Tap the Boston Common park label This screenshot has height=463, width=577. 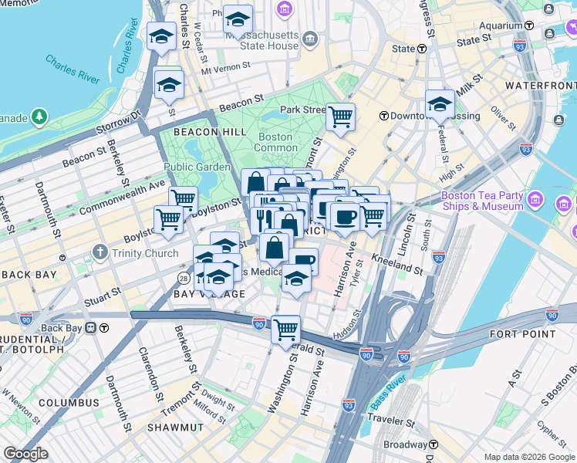tap(275, 142)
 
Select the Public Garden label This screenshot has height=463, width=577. tap(197, 167)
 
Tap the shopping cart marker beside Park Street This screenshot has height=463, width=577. tap(340, 117)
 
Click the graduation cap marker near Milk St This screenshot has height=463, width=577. tap(440, 103)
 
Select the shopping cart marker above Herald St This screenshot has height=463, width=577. tap(285, 330)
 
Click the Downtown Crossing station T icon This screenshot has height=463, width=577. tap(383, 116)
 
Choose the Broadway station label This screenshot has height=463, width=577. tap(405, 445)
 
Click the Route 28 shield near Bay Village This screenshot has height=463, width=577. tap(184, 277)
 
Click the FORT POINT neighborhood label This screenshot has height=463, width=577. tap(522, 334)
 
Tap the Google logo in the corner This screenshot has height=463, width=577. tap(25, 454)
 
